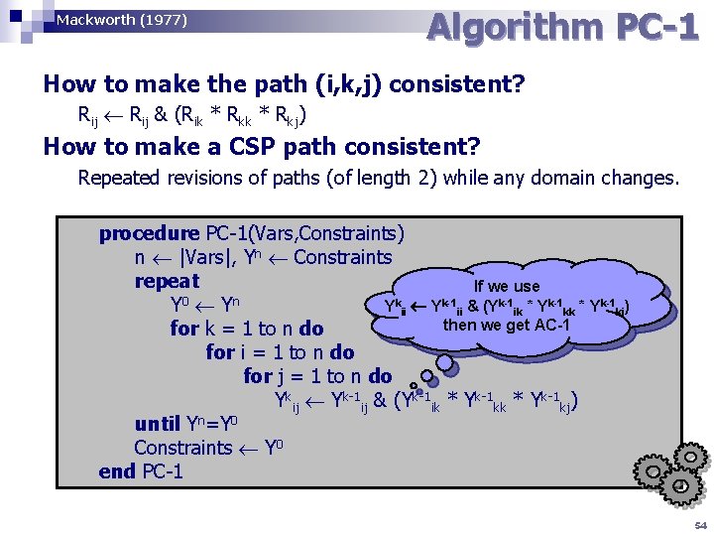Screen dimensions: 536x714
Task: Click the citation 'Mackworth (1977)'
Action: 122,20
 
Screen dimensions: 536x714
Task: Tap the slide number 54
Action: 701,525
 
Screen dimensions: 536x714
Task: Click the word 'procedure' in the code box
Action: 149,234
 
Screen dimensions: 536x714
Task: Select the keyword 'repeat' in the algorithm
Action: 167,281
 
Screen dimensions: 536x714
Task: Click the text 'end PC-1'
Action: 141,470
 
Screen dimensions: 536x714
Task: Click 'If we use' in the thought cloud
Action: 507,287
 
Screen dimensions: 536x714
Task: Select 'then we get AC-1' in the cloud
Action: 507,325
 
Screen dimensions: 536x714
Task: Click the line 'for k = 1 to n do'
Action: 247,329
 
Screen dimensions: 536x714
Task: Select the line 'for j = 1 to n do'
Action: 317,376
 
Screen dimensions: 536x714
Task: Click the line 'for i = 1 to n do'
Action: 280,352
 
